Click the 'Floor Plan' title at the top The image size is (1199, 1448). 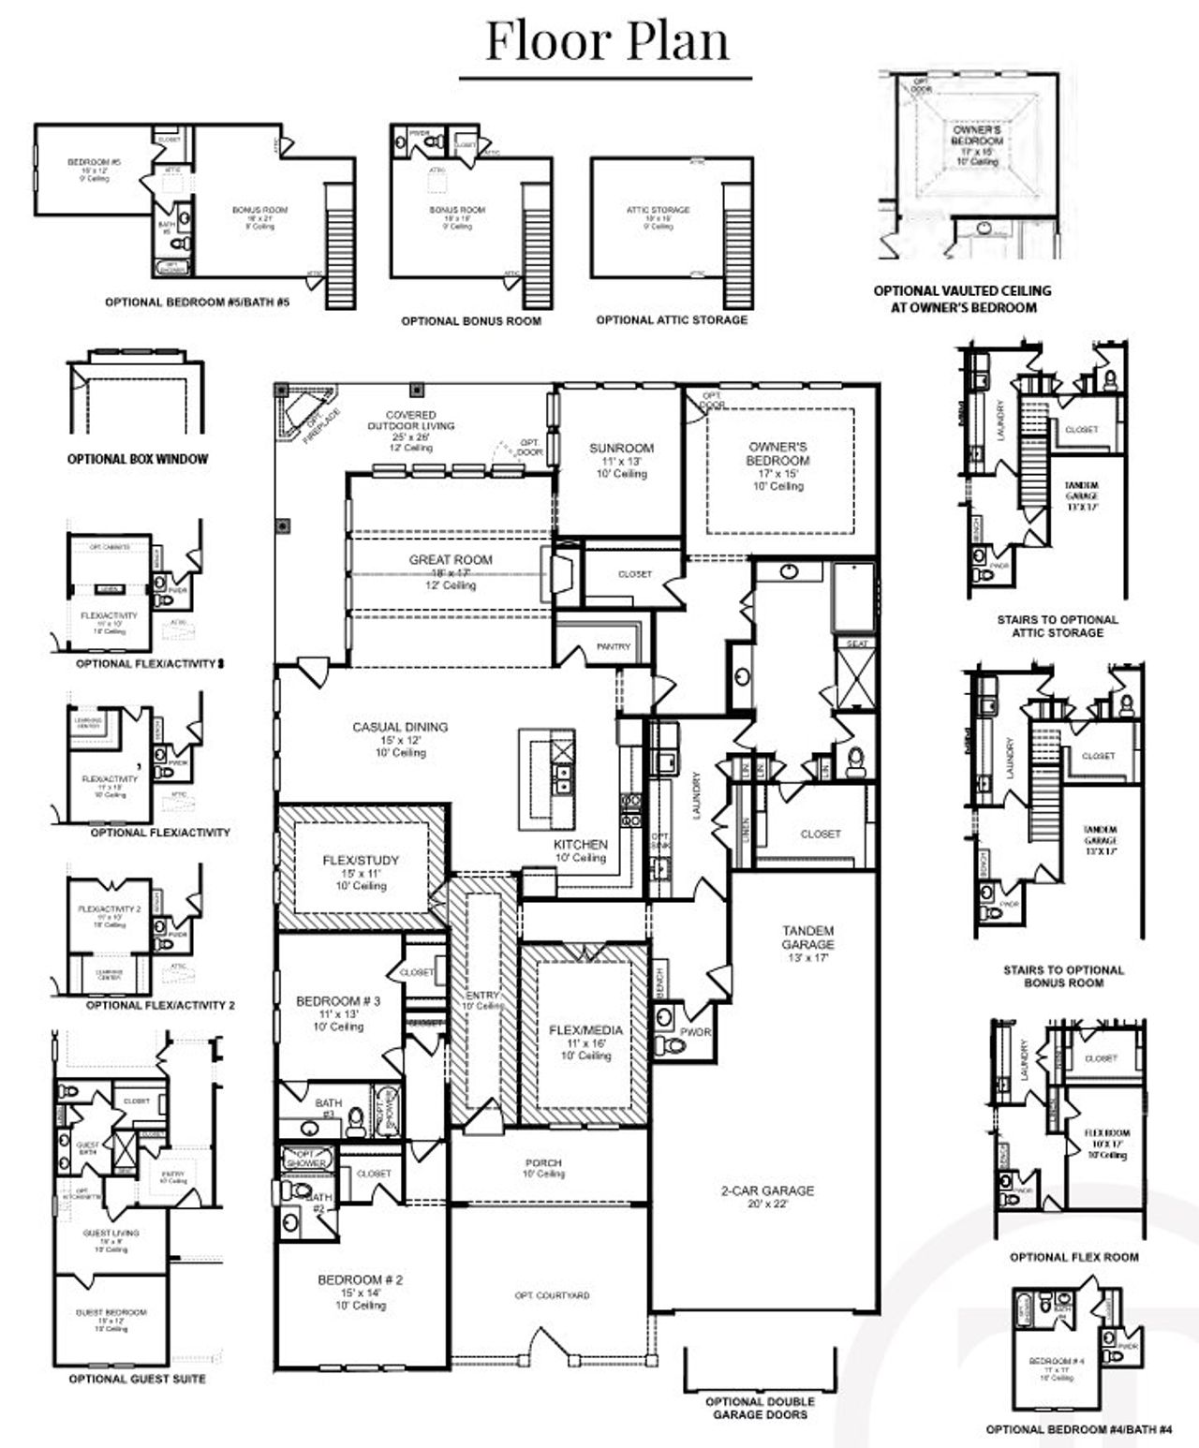[x=606, y=41]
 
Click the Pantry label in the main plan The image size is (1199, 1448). [x=614, y=646]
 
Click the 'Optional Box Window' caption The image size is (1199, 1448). [x=138, y=459]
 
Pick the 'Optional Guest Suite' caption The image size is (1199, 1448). [x=137, y=1379]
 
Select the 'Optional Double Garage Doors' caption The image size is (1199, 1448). [x=760, y=1408]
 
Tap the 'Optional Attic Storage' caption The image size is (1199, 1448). [x=672, y=319]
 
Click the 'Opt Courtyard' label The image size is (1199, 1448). [x=552, y=1295]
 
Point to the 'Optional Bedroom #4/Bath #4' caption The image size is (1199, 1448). [x=1078, y=1429]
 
